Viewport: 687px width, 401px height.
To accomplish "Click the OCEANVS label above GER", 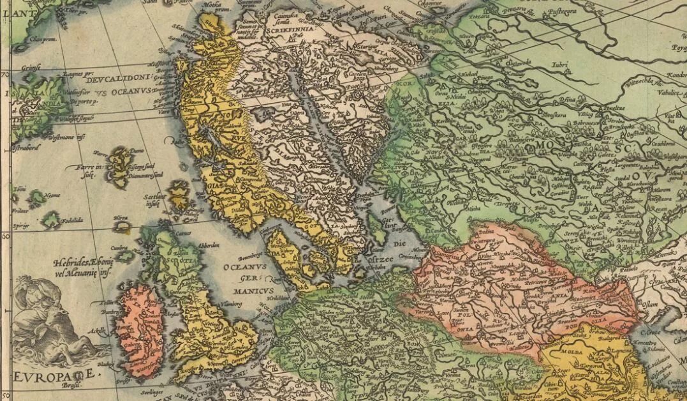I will point(242,267).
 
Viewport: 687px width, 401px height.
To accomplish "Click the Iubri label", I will point(559,64).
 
